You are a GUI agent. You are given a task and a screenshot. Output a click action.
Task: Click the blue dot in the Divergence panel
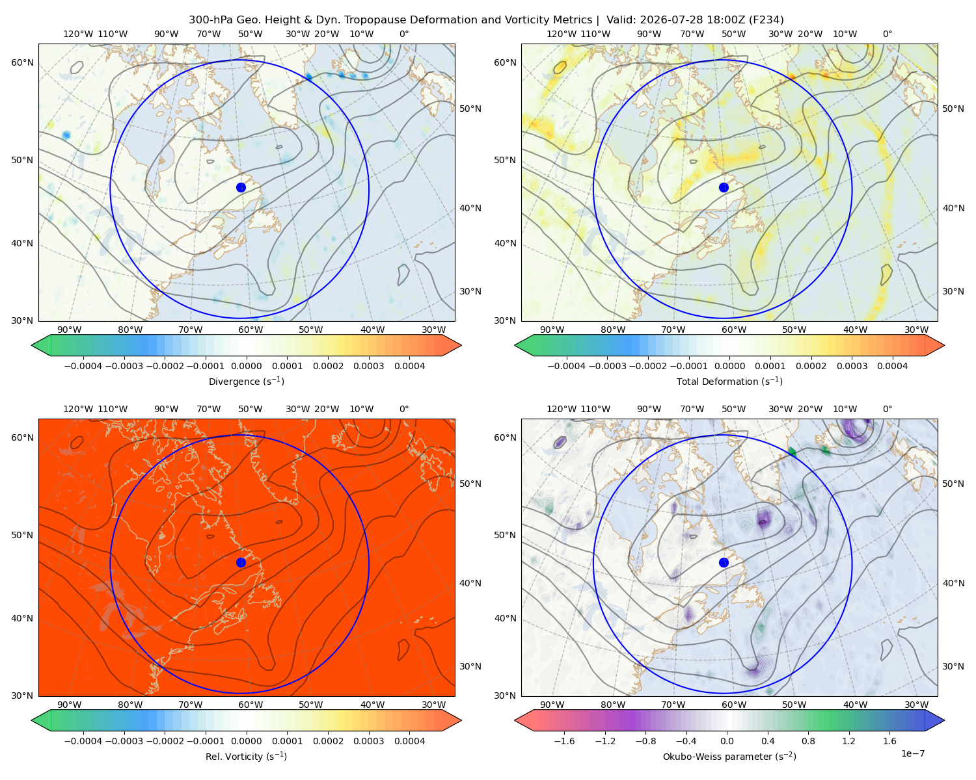241,188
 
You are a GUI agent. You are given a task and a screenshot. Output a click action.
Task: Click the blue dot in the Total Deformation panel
724,188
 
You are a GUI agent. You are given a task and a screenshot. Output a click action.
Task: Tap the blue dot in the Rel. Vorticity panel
241,562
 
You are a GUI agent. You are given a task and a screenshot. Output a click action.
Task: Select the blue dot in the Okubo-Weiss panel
724,562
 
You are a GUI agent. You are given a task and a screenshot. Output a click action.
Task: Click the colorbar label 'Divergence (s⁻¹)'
246,381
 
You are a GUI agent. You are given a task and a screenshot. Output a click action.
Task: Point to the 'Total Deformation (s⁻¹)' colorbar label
729,381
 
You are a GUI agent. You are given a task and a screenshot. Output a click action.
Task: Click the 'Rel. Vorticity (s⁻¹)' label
246,756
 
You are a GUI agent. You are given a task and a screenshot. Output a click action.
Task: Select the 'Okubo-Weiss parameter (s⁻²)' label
729,756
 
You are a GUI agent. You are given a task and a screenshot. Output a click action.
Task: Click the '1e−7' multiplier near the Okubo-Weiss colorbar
912,753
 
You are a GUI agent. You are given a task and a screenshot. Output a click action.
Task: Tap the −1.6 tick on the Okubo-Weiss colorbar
564,741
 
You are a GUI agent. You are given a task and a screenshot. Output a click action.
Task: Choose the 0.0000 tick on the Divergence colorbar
246,366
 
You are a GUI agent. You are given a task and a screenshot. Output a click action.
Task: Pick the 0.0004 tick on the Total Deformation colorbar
892,366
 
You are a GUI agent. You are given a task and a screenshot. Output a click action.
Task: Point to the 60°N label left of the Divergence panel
22,62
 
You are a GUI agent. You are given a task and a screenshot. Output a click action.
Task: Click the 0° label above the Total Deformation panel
887,34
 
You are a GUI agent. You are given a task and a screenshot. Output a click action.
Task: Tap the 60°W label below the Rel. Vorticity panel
251,705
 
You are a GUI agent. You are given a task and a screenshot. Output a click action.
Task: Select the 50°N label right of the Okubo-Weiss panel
953,484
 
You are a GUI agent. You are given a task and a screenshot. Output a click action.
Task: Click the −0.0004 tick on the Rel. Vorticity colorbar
83,741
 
